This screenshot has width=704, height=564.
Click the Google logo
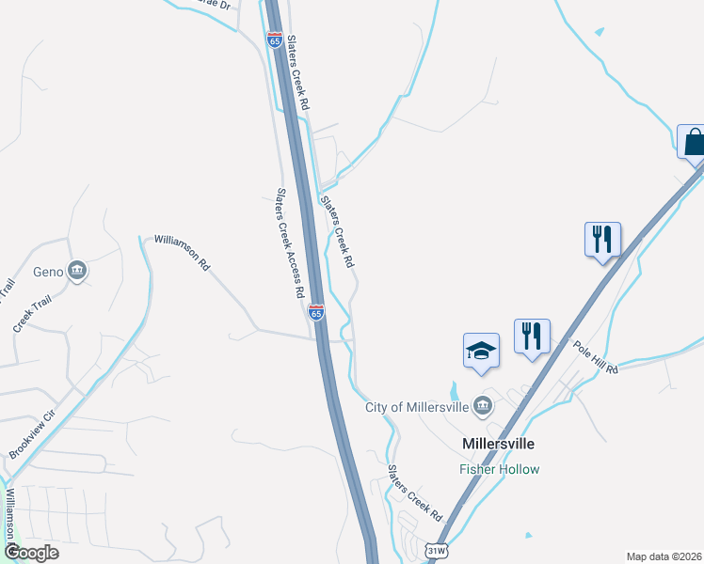[30, 553]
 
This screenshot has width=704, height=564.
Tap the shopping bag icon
[694, 143]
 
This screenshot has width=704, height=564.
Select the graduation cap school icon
[481, 352]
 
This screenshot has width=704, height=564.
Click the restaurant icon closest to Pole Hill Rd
[532, 337]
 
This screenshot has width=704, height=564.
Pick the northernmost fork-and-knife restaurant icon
[601, 239]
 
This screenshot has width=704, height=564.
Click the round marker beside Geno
[78, 272]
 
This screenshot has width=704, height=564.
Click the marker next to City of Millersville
[483, 406]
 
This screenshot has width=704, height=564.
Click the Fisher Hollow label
[499, 469]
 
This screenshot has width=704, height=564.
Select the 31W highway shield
[436, 550]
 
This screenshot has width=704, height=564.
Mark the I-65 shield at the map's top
[274, 39]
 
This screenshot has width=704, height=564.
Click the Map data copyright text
[664, 556]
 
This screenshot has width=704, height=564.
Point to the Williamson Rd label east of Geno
[182, 252]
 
